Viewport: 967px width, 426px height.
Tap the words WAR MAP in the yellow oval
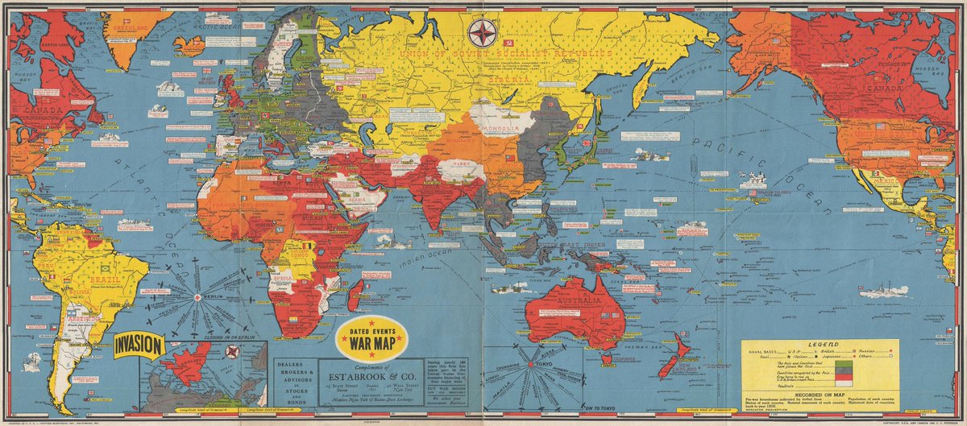[x=371, y=337]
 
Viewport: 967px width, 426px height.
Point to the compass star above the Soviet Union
[x=482, y=33]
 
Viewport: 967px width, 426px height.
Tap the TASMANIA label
[x=617, y=360]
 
